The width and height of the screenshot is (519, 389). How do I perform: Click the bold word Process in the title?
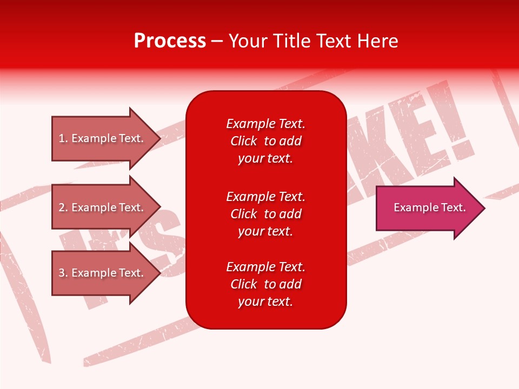tap(170, 41)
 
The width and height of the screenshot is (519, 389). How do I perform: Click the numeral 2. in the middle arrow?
tap(63, 207)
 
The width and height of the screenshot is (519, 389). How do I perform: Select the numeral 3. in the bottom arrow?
tap(63, 273)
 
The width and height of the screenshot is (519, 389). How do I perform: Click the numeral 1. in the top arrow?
tap(63, 138)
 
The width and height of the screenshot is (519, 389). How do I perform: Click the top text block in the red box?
tap(265, 141)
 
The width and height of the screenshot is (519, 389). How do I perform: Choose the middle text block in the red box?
tap(265, 214)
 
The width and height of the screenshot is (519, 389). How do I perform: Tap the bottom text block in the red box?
tap(265, 284)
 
